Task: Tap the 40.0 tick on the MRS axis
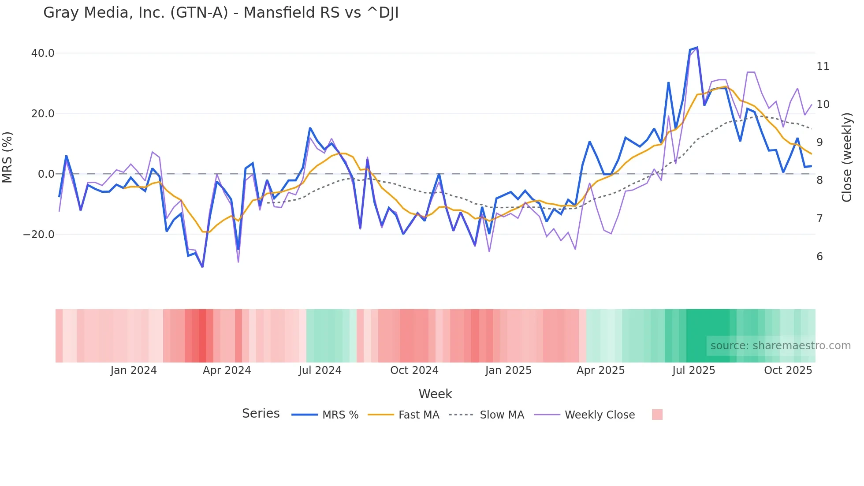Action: pyautogui.click(x=43, y=53)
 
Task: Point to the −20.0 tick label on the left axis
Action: pyautogui.click(x=39, y=235)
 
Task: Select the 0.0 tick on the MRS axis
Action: pyautogui.click(x=46, y=174)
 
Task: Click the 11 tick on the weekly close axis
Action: pyautogui.click(x=823, y=67)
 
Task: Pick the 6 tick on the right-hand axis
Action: pyautogui.click(x=819, y=257)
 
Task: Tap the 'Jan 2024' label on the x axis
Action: pyautogui.click(x=133, y=370)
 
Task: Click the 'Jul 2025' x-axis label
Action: pyautogui.click(x=693, y=370)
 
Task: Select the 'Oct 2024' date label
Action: pyautogui.click(x=414, y=370)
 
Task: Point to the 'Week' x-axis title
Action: pyautogui.click(x=435, y=394)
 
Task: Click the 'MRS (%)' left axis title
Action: pyautogui.click(x=7, y=157)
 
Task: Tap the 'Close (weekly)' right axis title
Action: pyautogui.click(x=846, y=157)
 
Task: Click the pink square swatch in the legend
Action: pyautogui.click(x=657, y=415)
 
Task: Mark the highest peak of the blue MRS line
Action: pyautogui.click(x=697, y=47)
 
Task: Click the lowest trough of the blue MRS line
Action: pyautogui.click(x=202, y=267)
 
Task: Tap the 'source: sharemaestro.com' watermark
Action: pyautogui.click(x=780, y=346)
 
